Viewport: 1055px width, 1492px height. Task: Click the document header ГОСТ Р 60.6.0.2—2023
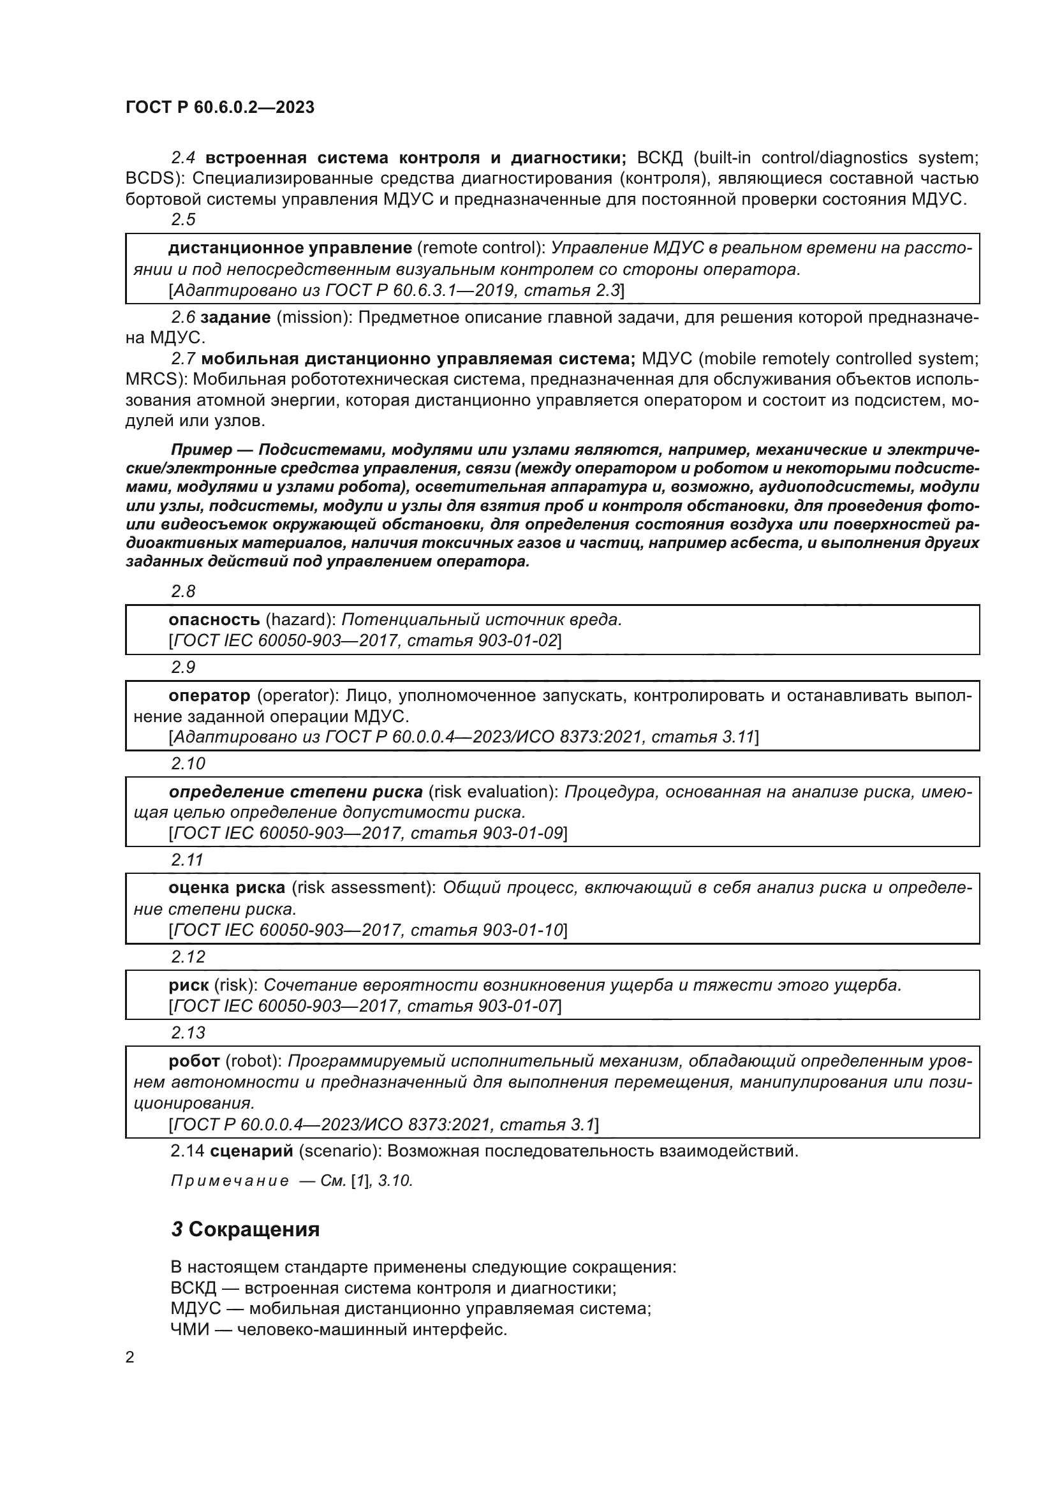click(x=219, y=107)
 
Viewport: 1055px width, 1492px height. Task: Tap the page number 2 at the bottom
click(x=130, y=1357)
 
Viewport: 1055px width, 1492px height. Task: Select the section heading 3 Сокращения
click(x=245, y=1229)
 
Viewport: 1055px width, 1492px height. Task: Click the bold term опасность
click(x=214, y=620)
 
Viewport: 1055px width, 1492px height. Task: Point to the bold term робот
click(x=194, y=1061)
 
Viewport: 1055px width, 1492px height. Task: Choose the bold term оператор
click(x=209, y=696)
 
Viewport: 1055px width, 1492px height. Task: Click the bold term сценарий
click(x=251, y=1151)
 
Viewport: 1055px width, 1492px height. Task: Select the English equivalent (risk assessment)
click(x=362, y=888)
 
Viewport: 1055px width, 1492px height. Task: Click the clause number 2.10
click(x=188, y=764)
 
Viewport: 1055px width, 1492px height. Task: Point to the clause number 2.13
click(x=188, y=1033)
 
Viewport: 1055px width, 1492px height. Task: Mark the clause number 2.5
click(x=183, y=219)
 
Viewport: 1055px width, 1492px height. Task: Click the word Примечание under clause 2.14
click(x=230, y=1181)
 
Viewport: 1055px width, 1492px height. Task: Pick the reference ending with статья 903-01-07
click(x=364, y=1006)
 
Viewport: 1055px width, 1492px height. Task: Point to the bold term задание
click(x=236, y=318)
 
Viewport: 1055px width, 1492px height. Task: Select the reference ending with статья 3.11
click(x=463, y=737)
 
